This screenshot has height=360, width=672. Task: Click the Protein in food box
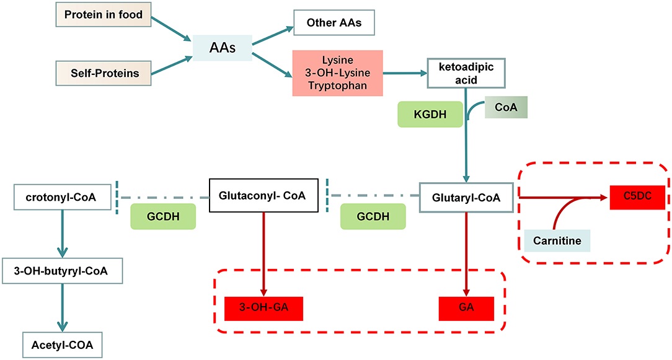(104, 15)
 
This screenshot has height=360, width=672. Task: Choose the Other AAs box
(334, 24)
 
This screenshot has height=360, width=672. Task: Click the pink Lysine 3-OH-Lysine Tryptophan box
(338, 74)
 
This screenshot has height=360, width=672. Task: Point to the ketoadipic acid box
(466, 73)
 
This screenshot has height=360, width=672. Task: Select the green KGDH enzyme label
(430, 115)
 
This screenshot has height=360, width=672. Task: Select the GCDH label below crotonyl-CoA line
(162, 216)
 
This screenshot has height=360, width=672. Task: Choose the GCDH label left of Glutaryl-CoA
(373, 216)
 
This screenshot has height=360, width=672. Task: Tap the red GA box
(466, 308)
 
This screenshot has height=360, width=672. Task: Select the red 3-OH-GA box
(264, 308)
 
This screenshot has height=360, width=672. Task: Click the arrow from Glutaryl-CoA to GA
(466, 254)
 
